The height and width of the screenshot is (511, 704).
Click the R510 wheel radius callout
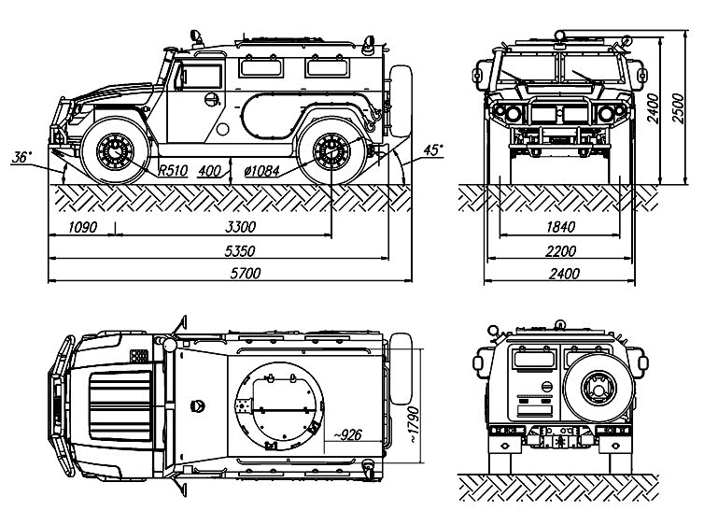tap(174, 171)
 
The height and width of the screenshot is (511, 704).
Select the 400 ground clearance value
tap(211, 171)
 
